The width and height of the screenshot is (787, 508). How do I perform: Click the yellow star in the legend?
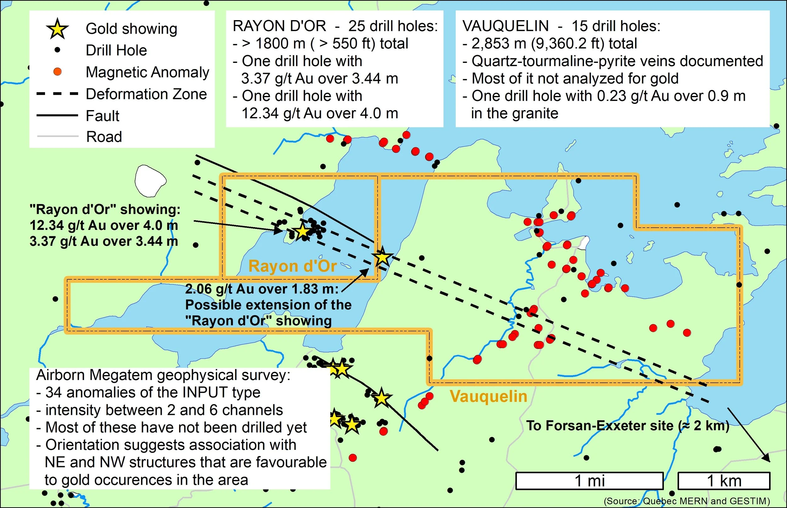click(57, 29)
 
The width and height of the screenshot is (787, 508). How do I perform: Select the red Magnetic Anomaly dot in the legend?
click(57, 72)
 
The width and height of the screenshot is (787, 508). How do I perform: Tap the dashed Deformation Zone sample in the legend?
click(57, 94)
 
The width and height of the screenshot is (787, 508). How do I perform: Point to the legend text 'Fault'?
click(102, 116)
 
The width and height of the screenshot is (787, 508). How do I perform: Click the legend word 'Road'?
click(104, 137)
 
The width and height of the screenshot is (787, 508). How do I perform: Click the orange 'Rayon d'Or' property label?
click(292, 266)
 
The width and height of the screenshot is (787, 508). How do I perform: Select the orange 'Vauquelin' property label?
click(489, 396)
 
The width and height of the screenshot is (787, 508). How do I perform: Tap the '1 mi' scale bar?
click(590, 481)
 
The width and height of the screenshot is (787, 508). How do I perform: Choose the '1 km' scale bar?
click(724, 481)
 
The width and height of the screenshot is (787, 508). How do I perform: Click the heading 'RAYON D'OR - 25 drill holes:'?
click(335, 26)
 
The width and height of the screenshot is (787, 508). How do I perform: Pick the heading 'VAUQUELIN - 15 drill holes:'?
click(561, 26)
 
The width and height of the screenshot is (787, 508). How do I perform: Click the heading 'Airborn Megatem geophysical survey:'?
click(163, 375)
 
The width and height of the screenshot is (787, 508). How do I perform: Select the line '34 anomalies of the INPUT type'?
click(152, 393)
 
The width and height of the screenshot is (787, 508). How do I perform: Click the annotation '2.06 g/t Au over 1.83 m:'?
click(262, 289)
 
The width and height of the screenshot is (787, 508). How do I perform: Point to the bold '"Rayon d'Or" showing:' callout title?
click(105, 209)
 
